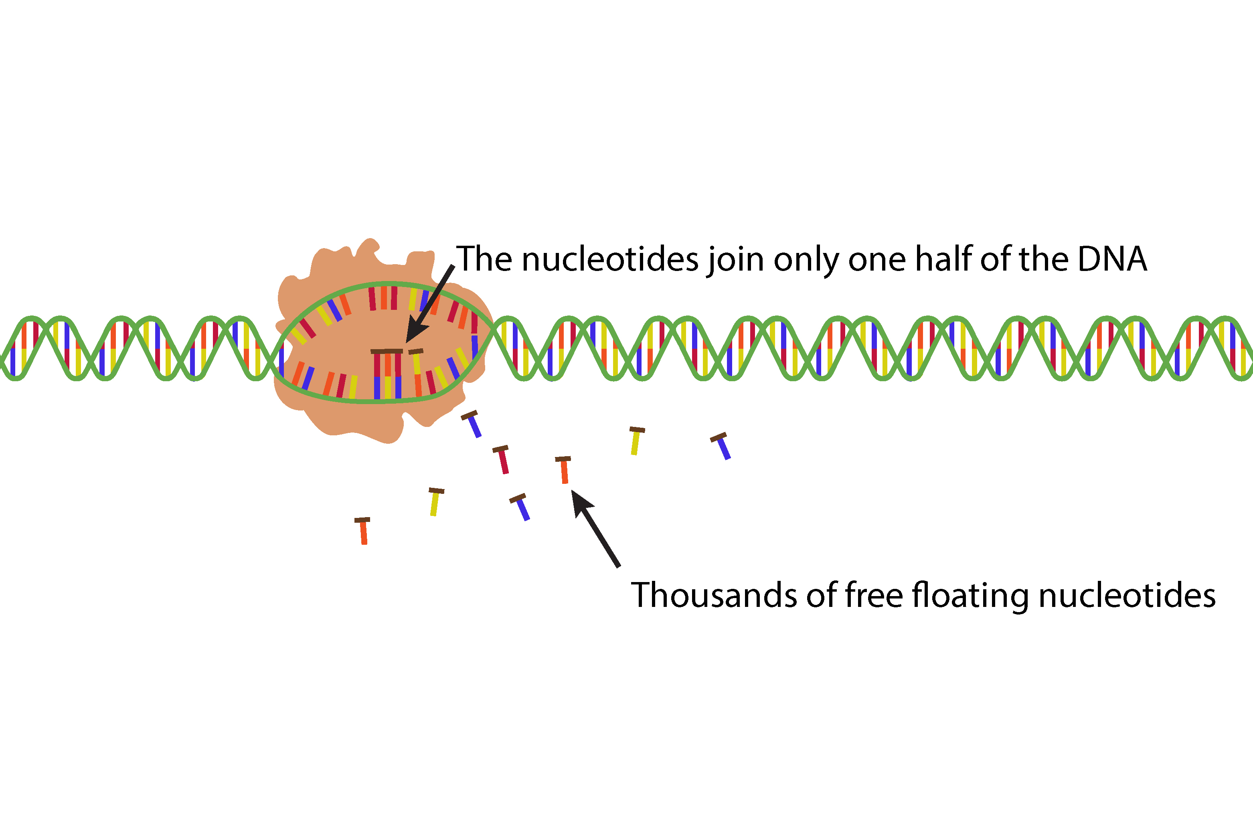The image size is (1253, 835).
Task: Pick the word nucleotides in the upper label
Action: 610,259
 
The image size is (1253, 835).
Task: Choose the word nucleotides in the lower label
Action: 1127,595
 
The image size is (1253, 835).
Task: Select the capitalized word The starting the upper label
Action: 484,259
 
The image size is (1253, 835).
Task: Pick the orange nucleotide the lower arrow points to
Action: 564,470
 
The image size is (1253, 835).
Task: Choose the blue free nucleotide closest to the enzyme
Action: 472,425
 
